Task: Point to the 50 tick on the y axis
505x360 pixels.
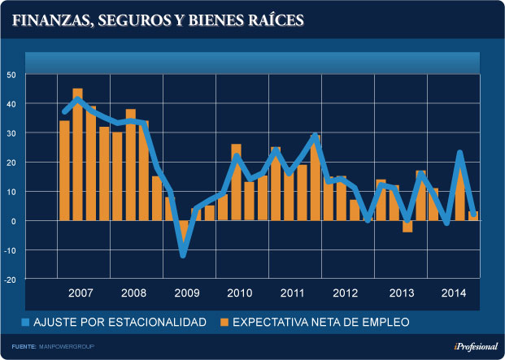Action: [x=12, y=75]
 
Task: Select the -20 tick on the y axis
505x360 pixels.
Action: [x=11, y=279]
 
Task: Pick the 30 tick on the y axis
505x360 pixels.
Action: [x=12, y=133]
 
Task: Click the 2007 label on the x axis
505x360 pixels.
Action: [x=80, y=293]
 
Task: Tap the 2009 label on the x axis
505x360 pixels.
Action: [x=186, y=293]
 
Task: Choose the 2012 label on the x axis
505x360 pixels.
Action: [x=346, y=293]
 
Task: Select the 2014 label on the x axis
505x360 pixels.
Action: [x=452, y=293]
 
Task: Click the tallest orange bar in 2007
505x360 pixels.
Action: [x=77, y=154]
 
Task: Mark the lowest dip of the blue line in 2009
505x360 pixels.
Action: [x=184, y=255]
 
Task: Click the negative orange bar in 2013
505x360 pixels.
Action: [x=407, y=226]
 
